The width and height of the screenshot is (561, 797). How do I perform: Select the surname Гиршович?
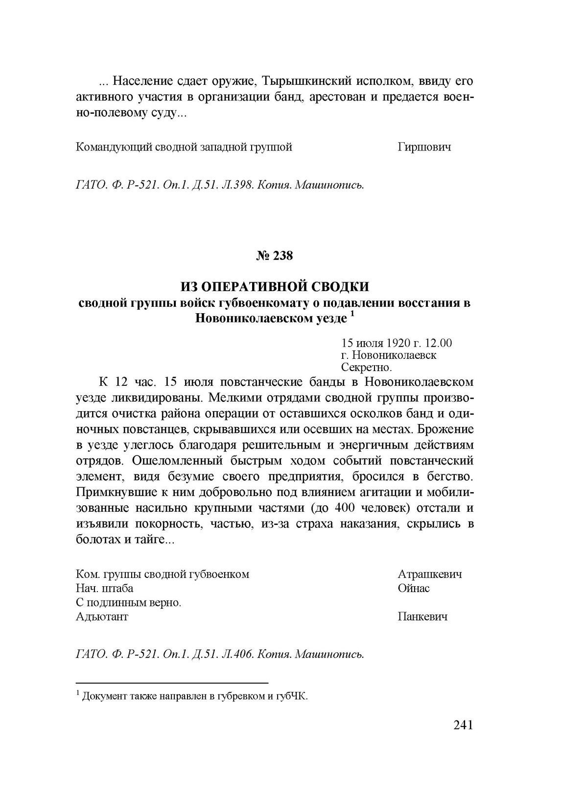(424, 147)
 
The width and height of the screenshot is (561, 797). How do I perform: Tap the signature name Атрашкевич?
(430, 574)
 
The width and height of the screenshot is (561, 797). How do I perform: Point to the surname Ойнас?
(414, 588)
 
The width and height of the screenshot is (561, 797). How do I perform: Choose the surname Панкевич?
(422, 617)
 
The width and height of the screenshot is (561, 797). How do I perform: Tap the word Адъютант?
(102, 617)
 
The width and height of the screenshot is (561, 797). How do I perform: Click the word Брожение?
(447, 430)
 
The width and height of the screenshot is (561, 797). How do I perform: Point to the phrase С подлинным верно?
(129, 602)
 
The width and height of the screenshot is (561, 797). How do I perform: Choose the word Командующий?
(111, 147)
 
